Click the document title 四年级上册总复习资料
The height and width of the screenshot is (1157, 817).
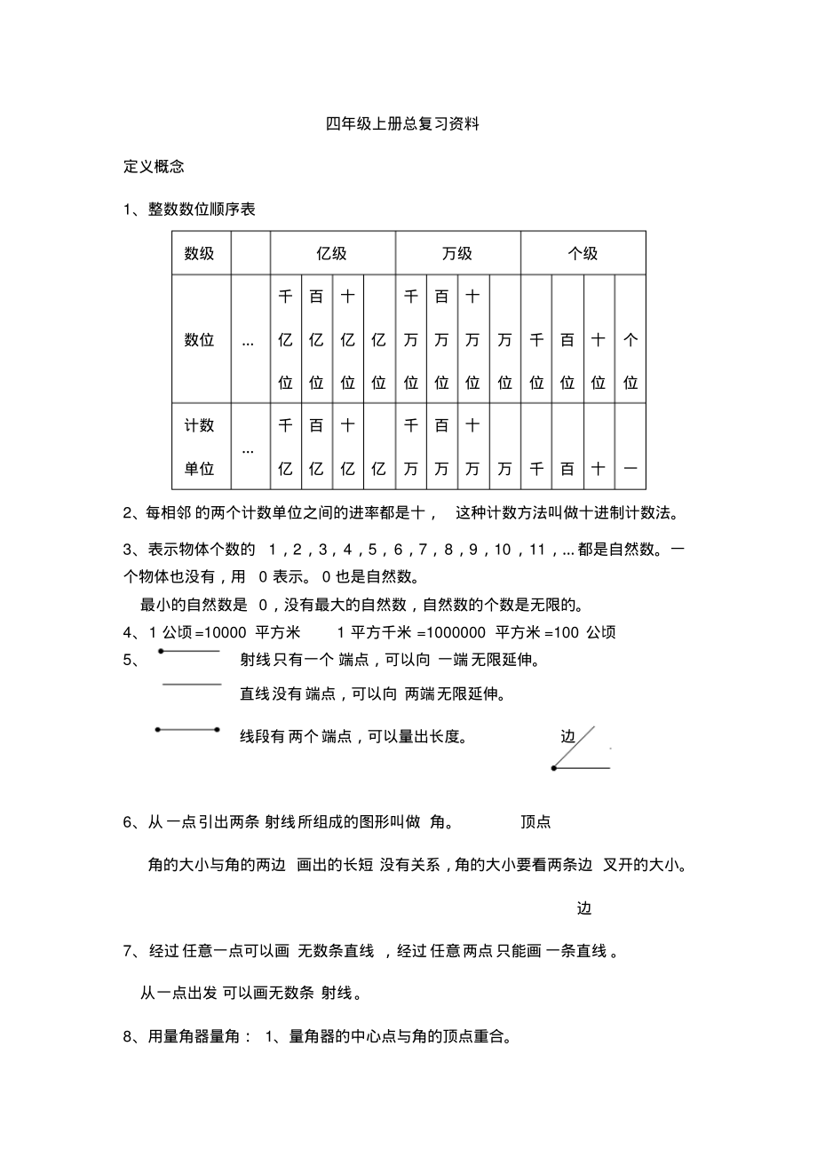[x=402, y=124]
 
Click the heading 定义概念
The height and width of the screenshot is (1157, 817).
[x=154, y=166]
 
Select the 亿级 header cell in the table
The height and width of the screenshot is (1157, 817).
[x=332, y=253]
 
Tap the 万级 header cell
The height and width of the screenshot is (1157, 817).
[x=457, y=253]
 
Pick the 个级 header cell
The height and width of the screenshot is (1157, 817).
[x=583, y=253]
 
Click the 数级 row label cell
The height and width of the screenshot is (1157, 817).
[x=200, y=253]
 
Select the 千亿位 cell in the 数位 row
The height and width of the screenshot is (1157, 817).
[x=285, y=339]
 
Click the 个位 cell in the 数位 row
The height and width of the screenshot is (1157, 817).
[x=631, y=339]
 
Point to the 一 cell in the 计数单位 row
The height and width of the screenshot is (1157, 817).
[x=631, y=469]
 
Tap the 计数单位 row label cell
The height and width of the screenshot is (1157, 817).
[x=200, y=447]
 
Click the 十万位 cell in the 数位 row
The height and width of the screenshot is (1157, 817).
[x=473, y=339]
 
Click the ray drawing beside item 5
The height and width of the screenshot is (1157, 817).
[x=189, y=651]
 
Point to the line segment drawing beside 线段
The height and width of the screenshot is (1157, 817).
[x=187, y=730]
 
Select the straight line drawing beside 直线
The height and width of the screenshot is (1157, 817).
[x=191, y=684]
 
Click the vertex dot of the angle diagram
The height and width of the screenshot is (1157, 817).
[x=554, y=768]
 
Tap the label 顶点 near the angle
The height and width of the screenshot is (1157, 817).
[x=535, y=822]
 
